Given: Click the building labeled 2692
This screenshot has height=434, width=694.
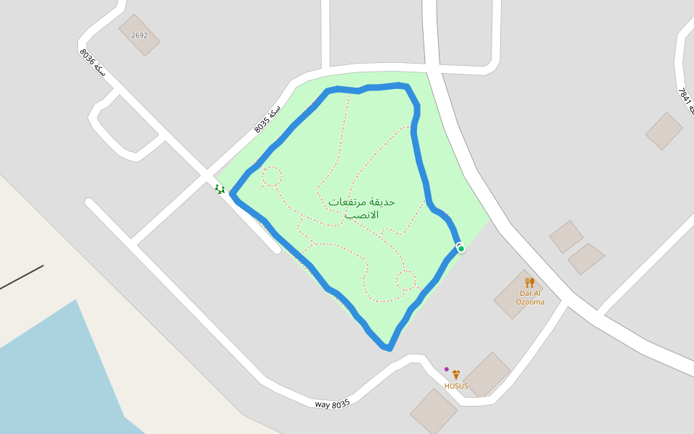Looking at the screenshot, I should coord(140,35).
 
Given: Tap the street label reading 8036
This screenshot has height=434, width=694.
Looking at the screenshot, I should coord(93,63).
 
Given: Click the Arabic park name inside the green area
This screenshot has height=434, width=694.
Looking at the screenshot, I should coord(361,208).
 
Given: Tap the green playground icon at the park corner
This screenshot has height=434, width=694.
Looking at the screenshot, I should coord(219,189).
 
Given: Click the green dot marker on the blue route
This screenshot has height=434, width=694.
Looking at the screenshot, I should coord(460,249).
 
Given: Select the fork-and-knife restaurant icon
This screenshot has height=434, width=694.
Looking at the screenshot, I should coord(530,282).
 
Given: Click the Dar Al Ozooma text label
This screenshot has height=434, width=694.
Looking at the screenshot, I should coord(530,297).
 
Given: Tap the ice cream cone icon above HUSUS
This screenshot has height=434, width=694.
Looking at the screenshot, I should coord(456,375).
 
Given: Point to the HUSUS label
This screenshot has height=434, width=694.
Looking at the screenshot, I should coord(456,386).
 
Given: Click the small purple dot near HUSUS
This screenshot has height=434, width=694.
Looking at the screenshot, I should coord(447,370).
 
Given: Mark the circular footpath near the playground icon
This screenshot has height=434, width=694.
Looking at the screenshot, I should coord(271,176).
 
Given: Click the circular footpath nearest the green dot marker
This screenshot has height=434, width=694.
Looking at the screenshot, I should coord(406,280).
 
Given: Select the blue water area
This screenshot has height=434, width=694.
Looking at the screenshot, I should coord(58,376).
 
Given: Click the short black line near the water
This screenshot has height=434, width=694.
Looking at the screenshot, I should coord(22,277).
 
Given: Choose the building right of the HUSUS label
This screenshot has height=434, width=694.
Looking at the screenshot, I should coord(488,374).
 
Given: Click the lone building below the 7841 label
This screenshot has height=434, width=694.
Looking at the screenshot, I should coord(664,131).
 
